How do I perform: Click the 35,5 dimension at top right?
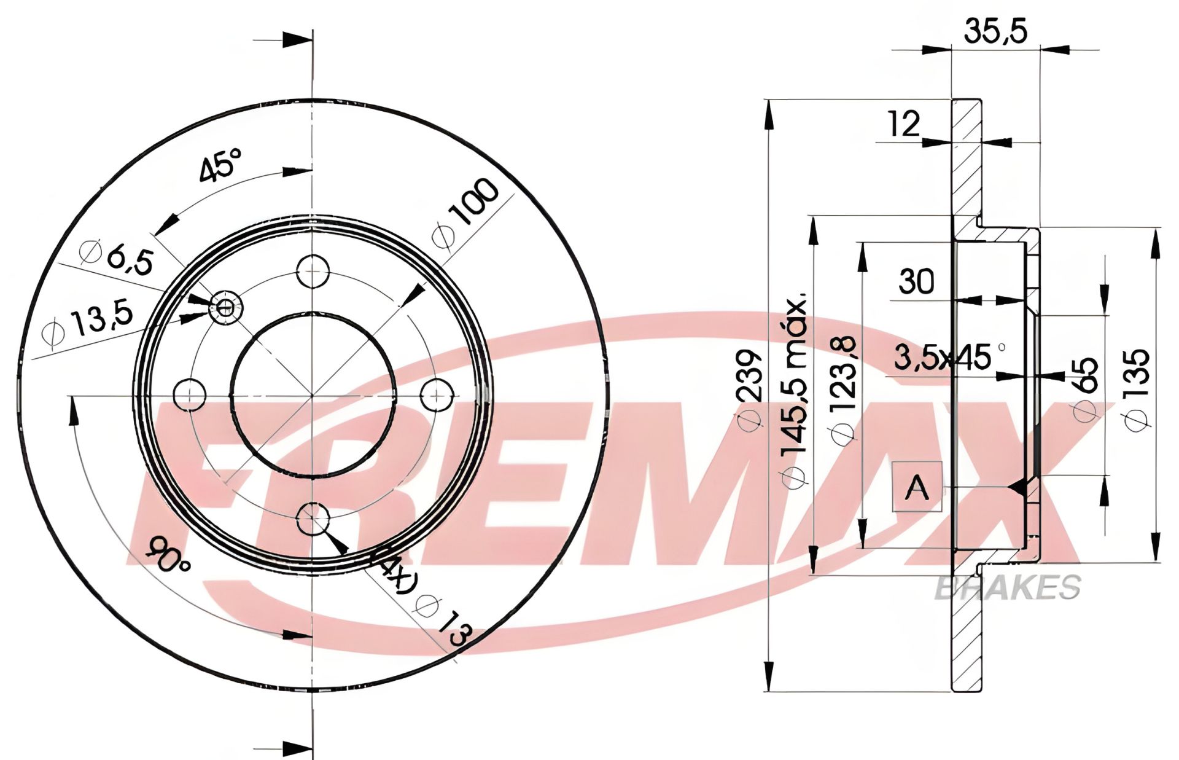point(995,31)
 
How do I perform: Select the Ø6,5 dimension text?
point(117,256)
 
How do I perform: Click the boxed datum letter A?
point(917,487)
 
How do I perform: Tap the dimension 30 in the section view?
point(916,281)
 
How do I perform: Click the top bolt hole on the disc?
point(313,271)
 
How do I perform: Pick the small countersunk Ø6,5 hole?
point(226,307)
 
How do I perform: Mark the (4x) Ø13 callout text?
point(424,599)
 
